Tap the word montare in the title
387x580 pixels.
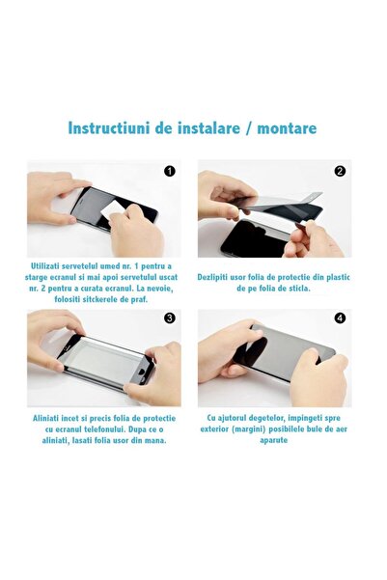tap(287, 128)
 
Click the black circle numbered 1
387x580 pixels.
tap(170, 171)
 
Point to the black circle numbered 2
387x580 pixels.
tap(340, 171)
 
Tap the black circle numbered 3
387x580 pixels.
tap(170, 318)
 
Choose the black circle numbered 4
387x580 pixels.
tap(340, 318)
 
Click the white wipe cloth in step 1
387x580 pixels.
tap(112, 210)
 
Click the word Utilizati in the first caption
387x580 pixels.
tap(45, 266)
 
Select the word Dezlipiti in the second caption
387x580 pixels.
tap(212, 277)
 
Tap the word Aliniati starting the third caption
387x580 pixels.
tap(46, 419)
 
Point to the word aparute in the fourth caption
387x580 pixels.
tap(274, 440)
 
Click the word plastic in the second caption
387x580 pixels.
tap(338, 277)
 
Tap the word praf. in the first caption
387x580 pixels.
tap(140, 299)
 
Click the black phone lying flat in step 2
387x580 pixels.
tap(256, 238)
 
